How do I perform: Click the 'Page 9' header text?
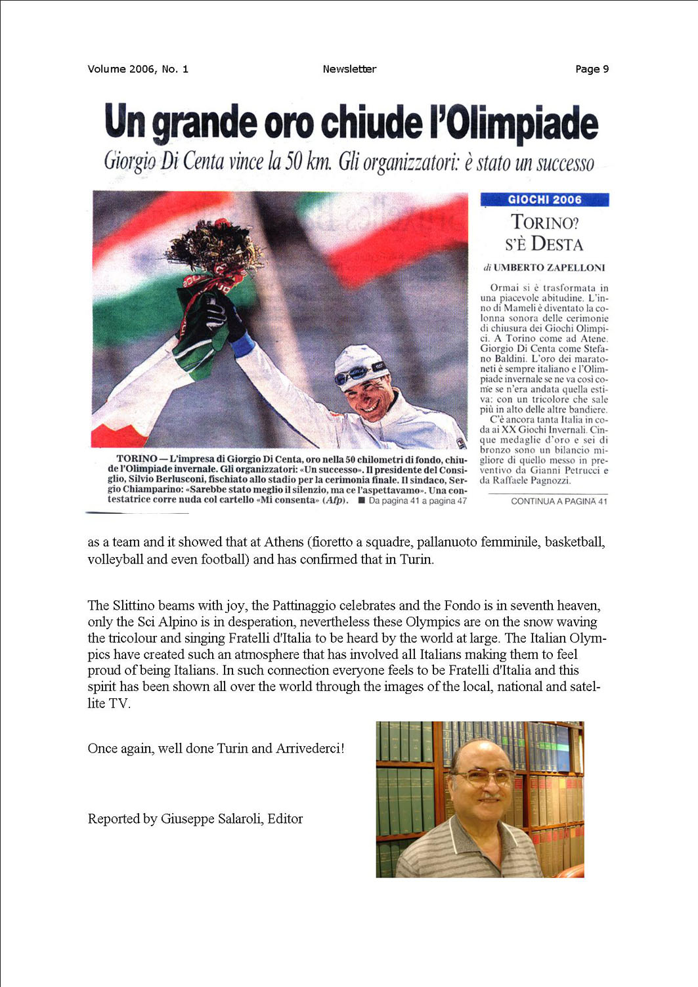click(592, 69)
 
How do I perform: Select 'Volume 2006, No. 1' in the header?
click(138, 69)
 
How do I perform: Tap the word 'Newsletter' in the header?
click(349, 69)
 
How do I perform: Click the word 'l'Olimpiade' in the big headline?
click(513, 123)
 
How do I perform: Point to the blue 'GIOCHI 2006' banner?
click(544, 199)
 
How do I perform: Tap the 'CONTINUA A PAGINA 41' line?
click(559, 501)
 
